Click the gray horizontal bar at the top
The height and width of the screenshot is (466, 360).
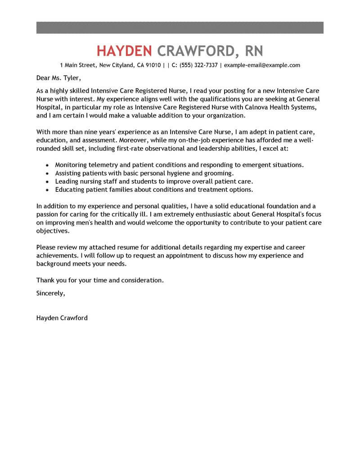pos(180,27)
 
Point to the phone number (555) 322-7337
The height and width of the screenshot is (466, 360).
pos(198,65)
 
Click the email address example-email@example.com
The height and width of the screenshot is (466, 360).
pos(262,65)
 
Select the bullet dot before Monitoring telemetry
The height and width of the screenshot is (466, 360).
pos(47,166)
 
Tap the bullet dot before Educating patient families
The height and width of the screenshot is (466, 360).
pos(47,190)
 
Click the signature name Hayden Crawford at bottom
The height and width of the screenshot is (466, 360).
pos(62,317)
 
